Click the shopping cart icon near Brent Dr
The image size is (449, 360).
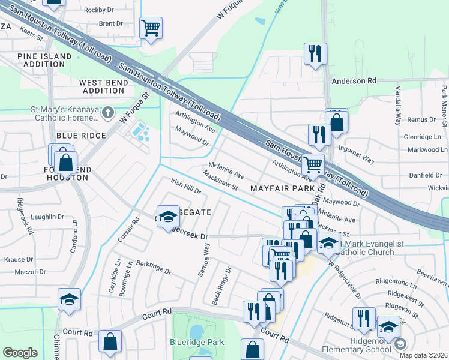pos(151,28)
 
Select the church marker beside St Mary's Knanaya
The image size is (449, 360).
pos(107,112)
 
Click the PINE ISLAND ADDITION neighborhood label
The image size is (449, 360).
pos(44,60)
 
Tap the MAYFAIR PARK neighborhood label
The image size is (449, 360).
pos(279,188)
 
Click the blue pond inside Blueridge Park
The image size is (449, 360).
pos(196,331)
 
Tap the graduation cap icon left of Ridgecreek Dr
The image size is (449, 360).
pos(169,215)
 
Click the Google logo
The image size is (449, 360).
pos(20,353)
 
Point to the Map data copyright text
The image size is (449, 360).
pos(424,355)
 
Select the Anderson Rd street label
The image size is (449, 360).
pos(354,80)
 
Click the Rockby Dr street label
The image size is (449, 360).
pos(98,10)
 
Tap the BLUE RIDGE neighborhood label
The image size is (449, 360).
pos(81,136)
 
